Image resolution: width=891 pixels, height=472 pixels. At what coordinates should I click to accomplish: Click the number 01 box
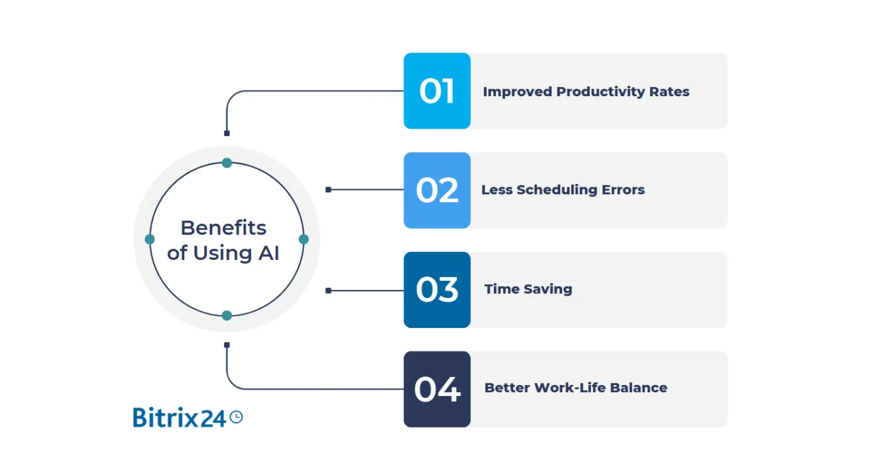coord(437,90)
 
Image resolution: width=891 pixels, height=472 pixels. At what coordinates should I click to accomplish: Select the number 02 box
coord(437,191)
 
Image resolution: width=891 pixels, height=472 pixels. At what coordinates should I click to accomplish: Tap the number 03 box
coord(437,289)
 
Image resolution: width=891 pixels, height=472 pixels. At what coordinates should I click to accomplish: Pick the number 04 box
coord(437,390)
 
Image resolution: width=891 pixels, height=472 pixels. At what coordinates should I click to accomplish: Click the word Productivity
coord(601,92)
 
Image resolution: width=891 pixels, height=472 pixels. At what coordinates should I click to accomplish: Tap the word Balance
coord(638,388)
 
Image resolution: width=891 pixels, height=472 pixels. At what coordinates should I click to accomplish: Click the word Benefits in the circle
coord(223,228)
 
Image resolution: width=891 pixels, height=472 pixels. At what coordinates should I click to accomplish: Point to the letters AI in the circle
coord(269,253)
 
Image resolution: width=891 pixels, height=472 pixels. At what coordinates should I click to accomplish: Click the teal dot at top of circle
coord(227,163)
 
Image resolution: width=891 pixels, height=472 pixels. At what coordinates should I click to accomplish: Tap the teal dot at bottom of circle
coord(227,316)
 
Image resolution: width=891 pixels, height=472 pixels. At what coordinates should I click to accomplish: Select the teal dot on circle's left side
coord(149,239)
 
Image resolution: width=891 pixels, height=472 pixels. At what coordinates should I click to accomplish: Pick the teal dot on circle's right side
coord(303,239)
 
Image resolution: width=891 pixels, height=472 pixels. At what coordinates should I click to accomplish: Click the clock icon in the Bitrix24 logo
coord(237,417)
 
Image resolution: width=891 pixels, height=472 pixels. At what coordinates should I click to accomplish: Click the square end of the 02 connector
coord(328,190)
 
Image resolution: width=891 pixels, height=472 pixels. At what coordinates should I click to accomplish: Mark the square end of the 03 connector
coord(328,291)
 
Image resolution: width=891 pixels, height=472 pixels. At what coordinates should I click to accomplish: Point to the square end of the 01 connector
coord(227,133)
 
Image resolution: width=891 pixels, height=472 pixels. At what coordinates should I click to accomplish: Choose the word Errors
coord(623,191)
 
